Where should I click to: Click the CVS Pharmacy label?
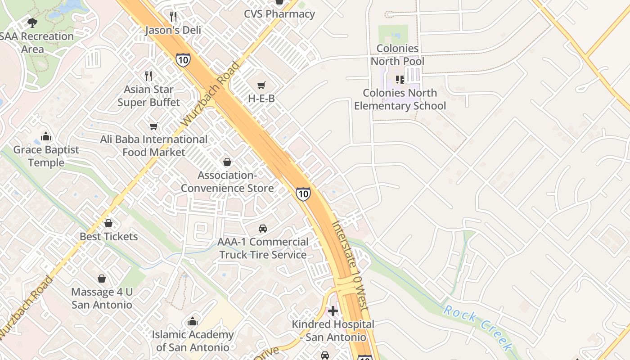click(x=279, y=14)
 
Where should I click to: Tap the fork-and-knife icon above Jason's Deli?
click(x=173, y=17)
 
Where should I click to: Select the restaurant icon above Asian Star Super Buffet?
click(x=148, y=76)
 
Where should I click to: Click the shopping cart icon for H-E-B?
click(x=261, y=85)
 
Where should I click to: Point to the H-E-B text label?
click(x=261, y=98)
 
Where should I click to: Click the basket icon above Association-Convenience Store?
click(x=227, y=162)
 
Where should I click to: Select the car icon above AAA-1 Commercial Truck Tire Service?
click(x=263, y=229)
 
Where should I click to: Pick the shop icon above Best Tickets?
click(x=108, y=223)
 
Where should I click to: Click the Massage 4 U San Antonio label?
click(x=102, y=298)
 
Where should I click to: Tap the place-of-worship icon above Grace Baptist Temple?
click(x=46, y=136)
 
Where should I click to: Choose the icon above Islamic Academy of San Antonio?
click(x=193, y=321)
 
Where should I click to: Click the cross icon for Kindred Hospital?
click(x=333, y=311)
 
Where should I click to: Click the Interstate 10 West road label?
click(x=350, y=265)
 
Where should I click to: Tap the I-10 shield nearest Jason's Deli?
click(x=183, y=60)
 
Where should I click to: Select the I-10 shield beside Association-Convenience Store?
click(x=303, y=194)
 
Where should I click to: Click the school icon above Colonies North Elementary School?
click(x=400, y=80)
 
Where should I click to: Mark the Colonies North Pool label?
click(x=397, y=54)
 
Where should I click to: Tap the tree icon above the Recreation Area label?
click(x=32, y=22)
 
